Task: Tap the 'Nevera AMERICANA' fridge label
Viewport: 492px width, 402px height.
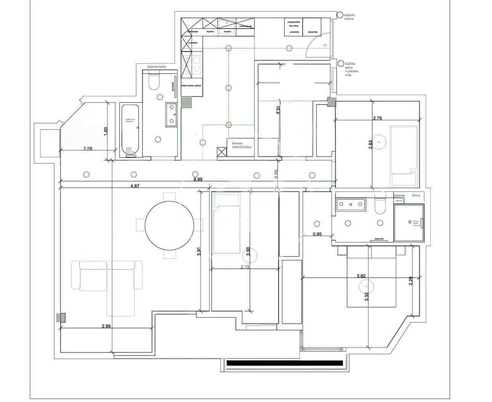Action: click(x=239, y=145)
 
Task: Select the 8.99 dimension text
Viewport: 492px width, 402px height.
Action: click(x=198, y=179)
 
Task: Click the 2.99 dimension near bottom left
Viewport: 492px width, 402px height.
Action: click(x=106, y=326)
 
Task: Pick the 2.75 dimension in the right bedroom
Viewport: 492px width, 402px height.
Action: click(x=377, y=118)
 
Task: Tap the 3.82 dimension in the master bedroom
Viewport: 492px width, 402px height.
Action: click(x=364, y=275)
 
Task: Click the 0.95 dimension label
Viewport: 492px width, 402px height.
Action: click(x=317, y=234)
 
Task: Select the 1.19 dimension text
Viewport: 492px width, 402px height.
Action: click(x=88, y=149)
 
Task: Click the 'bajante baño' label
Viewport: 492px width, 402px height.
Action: click(x=157, y=67)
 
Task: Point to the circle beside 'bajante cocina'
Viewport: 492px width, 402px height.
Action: click(x=340, y=15)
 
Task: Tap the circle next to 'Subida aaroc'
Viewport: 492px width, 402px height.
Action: click(x=340, y=64)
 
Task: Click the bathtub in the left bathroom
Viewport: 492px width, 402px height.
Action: click(x=130, y=130)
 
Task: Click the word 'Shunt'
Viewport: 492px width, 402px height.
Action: click(x=416, y=195)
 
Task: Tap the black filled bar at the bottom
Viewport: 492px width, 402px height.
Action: click(x=284, y=363)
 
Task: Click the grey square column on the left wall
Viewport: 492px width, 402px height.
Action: click(x=61, y=317)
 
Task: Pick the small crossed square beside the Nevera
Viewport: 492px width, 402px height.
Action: click(x=221, y=152)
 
